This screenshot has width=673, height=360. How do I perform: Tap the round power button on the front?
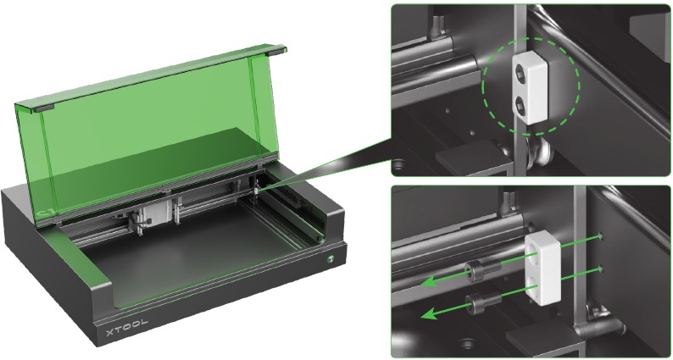[331, 258]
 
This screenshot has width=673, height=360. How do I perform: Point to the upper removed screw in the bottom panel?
[483, 269]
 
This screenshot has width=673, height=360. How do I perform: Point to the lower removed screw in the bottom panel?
[484, 302]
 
